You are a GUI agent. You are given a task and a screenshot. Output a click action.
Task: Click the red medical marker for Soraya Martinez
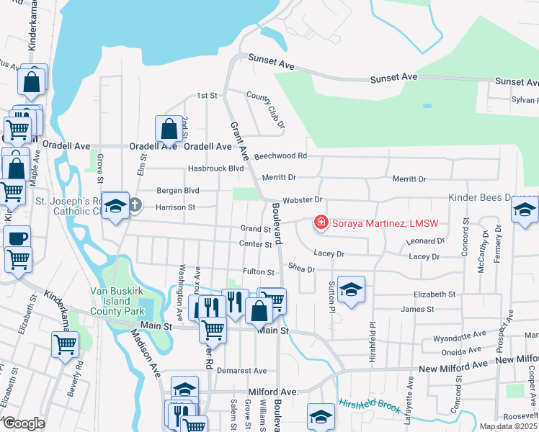point(321,224)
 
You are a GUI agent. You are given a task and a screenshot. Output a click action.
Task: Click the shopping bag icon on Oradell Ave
point(169,130)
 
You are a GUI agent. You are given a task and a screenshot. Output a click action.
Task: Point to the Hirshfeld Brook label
point(370,406)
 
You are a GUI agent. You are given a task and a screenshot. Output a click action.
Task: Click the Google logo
point(23,423)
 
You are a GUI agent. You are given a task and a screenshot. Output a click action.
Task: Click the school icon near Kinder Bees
point(525,210)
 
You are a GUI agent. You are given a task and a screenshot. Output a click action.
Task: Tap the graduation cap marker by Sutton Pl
point(351,289)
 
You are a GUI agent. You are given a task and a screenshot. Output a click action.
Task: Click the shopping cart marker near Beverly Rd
point(65,344)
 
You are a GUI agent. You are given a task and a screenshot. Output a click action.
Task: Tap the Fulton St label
point(259,272)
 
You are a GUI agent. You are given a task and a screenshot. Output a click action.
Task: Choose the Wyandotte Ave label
point(457,337)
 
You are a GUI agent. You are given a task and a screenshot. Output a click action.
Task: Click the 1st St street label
point(208,96)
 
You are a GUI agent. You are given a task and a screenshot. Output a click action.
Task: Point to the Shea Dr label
point(301,269)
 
